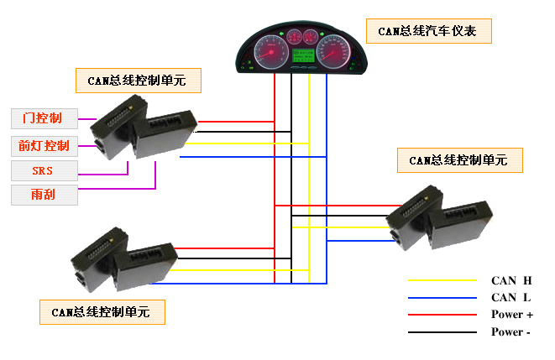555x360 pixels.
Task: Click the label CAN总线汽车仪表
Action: tap(428, 32)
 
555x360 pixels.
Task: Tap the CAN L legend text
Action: tap(511, 297)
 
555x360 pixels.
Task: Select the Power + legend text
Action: tap(512, 315)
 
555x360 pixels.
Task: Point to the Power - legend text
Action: tap(511, 332)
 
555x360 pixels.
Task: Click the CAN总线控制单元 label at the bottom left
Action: tap(102, 312)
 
